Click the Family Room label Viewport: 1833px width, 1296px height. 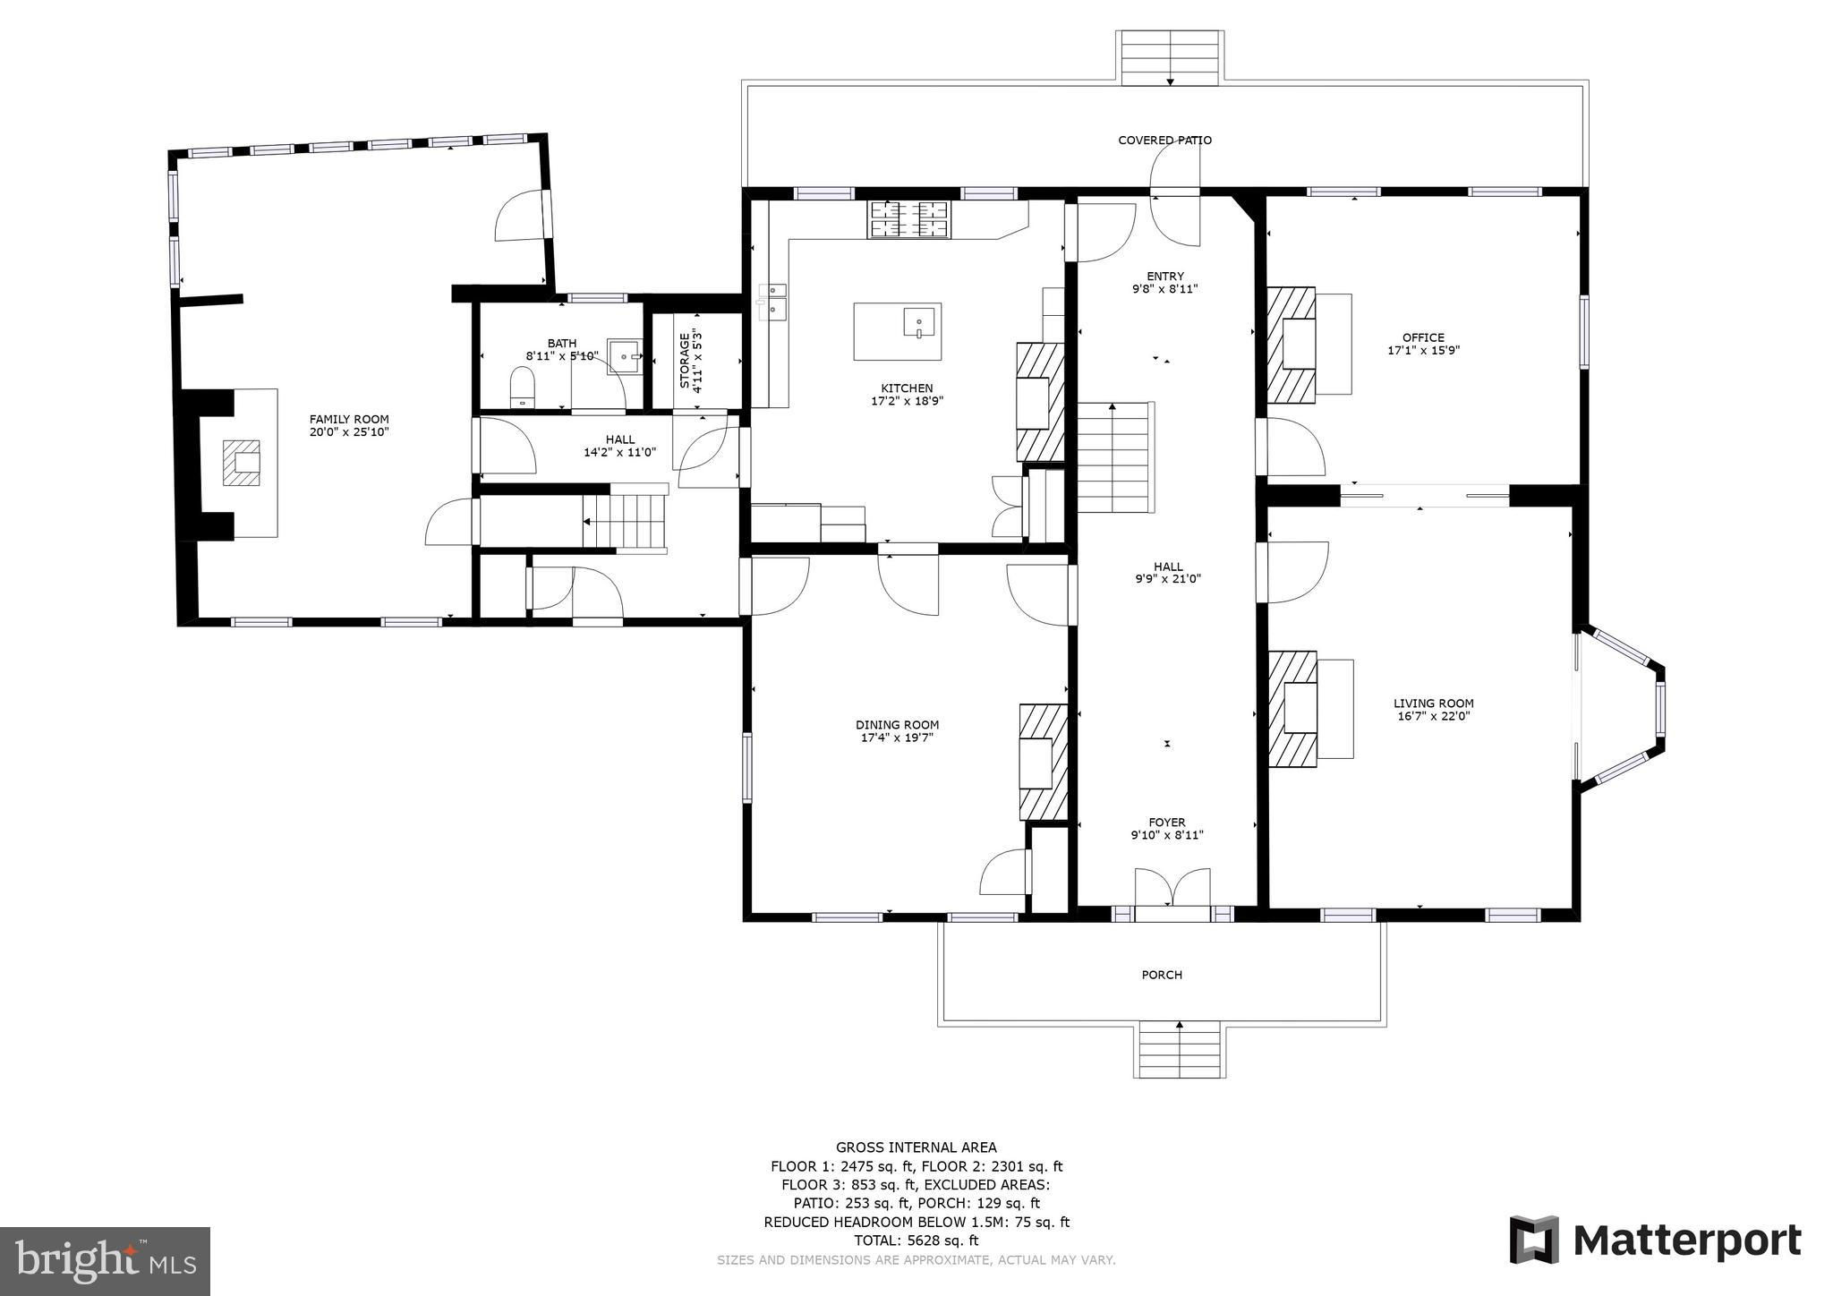349,419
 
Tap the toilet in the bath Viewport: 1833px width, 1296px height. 522,388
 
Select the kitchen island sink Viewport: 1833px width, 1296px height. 918,321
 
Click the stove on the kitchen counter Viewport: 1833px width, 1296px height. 908,219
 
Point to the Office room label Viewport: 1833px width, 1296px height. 1423,337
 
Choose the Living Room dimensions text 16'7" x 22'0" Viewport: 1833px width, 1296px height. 1434,716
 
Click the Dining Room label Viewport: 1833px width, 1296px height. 897,725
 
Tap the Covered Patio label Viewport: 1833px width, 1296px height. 1164,141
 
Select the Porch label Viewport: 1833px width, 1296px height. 1162,975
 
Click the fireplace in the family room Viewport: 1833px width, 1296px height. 242,462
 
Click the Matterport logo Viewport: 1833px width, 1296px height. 1656,1241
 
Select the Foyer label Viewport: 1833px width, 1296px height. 1167,823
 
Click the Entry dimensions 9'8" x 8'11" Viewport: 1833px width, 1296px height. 1165,289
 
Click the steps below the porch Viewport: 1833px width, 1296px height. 1180,1053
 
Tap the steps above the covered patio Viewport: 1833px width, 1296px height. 1170,58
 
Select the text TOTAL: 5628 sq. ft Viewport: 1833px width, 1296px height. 916,1241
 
